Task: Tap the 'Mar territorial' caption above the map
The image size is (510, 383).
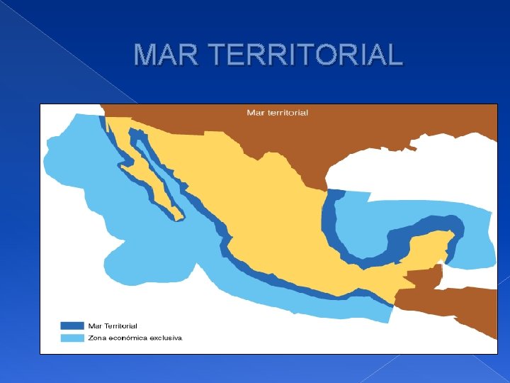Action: (x=277, y=113)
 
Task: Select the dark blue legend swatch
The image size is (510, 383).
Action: (x=72, y=326)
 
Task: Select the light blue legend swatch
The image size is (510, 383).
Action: (x=72, y=338)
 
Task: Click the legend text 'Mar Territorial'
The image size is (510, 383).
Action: (x=113, y=326)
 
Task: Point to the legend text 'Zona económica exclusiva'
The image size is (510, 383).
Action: (x=135, y=338)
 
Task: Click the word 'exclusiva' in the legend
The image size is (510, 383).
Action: (x=167, y=338)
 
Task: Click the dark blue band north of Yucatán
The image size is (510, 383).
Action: (x=425, y=226)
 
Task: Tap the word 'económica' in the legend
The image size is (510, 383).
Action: (x=127, y=338)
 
